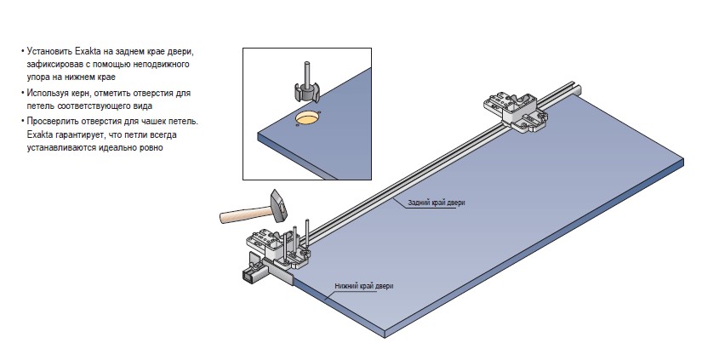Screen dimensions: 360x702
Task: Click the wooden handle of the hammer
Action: [x=243, y=213]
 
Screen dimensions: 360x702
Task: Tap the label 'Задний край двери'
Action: [x=437, y=202]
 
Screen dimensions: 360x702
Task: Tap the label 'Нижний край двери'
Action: [x=363, y=286]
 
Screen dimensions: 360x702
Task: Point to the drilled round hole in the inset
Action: [x=309, y=118]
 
